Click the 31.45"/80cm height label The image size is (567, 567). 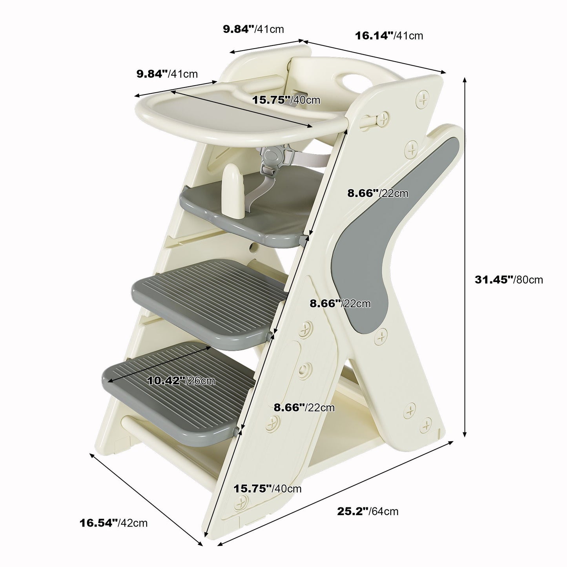click(x=509, y=279)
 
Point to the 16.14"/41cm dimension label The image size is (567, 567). click(x=389, y=36)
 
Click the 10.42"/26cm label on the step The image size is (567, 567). click(x=181, y=381)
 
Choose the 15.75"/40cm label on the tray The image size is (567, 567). click(x=286, y=100)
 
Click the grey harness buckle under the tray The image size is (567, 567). click(x=272, y=157)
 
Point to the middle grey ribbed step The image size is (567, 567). click(x=210, y=304)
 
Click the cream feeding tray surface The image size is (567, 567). click(x=235, y=112)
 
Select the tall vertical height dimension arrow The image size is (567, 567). click(x=465, y=257)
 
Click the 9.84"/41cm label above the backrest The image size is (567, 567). click(x=253, y=29)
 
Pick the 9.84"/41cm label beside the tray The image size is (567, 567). click(x=167, y=73)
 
